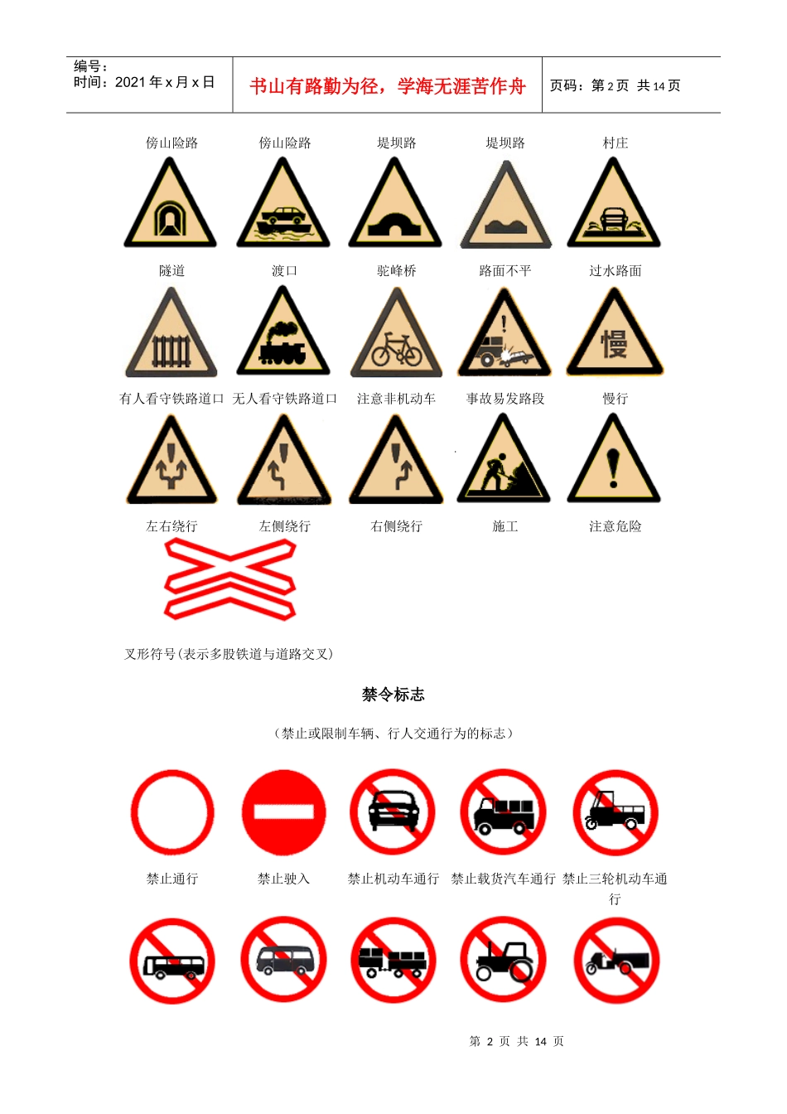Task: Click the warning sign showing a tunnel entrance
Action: (x=171, y=207)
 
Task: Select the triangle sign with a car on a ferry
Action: (x=283, y=207)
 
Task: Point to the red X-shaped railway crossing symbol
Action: (x=230, y=579)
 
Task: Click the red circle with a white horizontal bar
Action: (x=283, y=812)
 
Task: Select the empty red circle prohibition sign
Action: (x=172, y=812)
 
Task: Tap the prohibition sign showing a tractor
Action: (x=503, y=961)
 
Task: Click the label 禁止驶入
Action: (x=283, y=879)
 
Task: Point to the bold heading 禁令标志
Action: (x=393, y=695)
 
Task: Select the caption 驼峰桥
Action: (x=396, y=271)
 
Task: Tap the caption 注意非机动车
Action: (x=396, y=399)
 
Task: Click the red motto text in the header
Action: (x=388, y=86)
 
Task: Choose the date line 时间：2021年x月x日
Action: (x=144, y=82)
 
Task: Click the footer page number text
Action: (x=516, y=1041)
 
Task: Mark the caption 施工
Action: (x=505, y=526)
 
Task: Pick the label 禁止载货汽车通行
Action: (x=503, y=879)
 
